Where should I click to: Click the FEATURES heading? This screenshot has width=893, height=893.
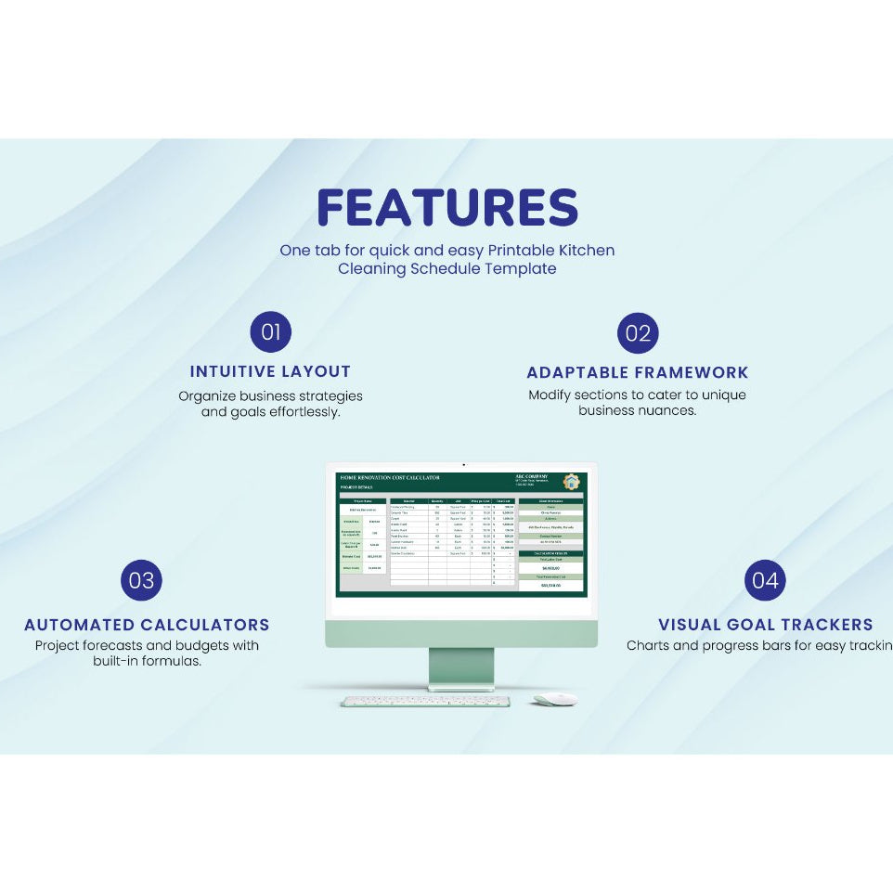[446, 208]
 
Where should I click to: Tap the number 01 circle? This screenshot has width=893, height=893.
[271, 332]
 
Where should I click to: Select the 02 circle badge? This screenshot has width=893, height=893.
[638, 333]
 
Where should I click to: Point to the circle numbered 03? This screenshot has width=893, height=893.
[142, 581]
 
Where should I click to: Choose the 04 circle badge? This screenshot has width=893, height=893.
[765, 581]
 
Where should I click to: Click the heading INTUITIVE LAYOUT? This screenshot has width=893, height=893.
[270, 371]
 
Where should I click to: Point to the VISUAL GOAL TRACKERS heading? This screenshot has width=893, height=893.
[765, 625]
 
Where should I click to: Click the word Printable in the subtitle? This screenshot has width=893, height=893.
[526, 251]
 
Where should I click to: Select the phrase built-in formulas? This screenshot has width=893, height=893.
[147, 662]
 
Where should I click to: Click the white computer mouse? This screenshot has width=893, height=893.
[555, 699]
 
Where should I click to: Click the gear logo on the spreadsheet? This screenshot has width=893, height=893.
[571, 482]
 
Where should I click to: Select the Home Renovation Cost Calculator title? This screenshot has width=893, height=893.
[390, 477]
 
